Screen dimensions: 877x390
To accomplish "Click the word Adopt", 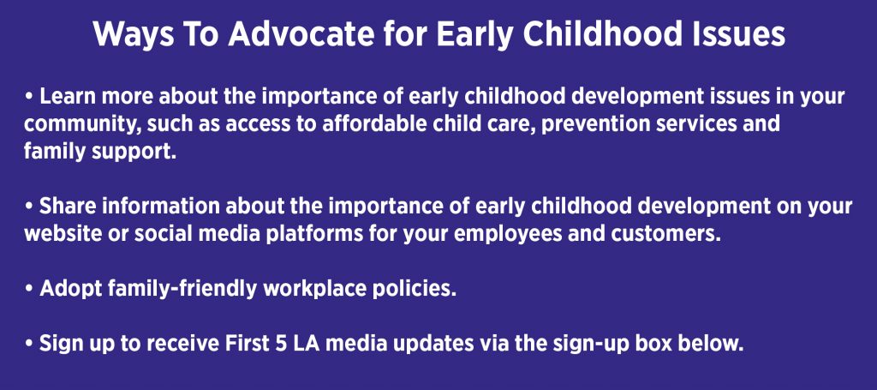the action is [70, 289].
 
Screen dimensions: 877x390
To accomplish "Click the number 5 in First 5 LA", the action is [287, 344].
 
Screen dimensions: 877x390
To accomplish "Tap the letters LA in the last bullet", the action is [313, 344].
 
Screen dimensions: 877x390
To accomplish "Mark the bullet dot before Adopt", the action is [29, 290].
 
